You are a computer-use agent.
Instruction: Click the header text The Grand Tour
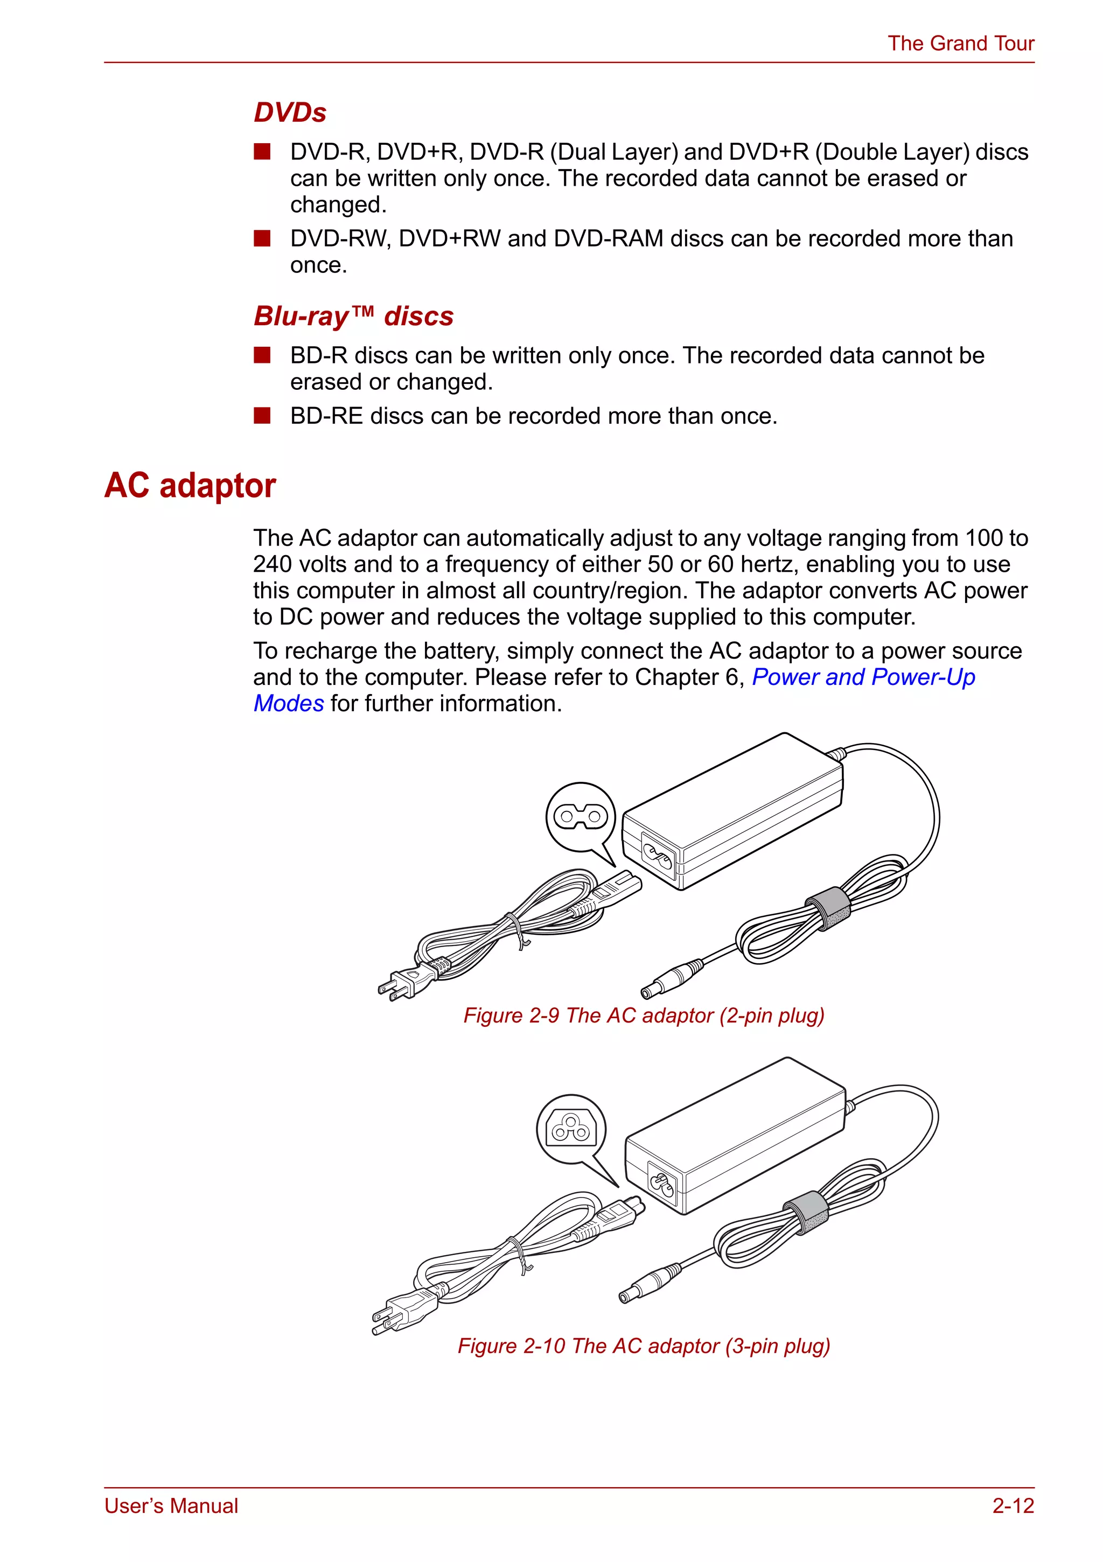960,44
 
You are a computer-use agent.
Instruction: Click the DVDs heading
290,112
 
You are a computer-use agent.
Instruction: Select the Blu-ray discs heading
353,317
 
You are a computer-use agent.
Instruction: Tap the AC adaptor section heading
190,486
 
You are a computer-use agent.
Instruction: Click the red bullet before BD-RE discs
262,415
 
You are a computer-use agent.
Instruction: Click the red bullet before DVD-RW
262,238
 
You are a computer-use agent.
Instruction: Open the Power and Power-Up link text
863,677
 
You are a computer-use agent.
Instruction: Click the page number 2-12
1013,1505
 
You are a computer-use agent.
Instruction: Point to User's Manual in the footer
171,1505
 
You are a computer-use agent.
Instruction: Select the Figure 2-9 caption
644,1015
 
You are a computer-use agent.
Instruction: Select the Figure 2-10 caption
644,1346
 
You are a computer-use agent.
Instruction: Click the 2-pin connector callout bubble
581,816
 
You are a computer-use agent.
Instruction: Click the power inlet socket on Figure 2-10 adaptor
661,1183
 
